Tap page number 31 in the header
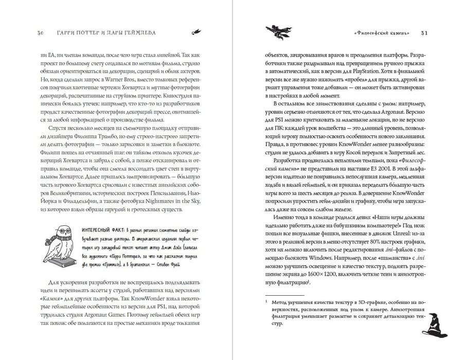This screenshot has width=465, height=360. point(424,32)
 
